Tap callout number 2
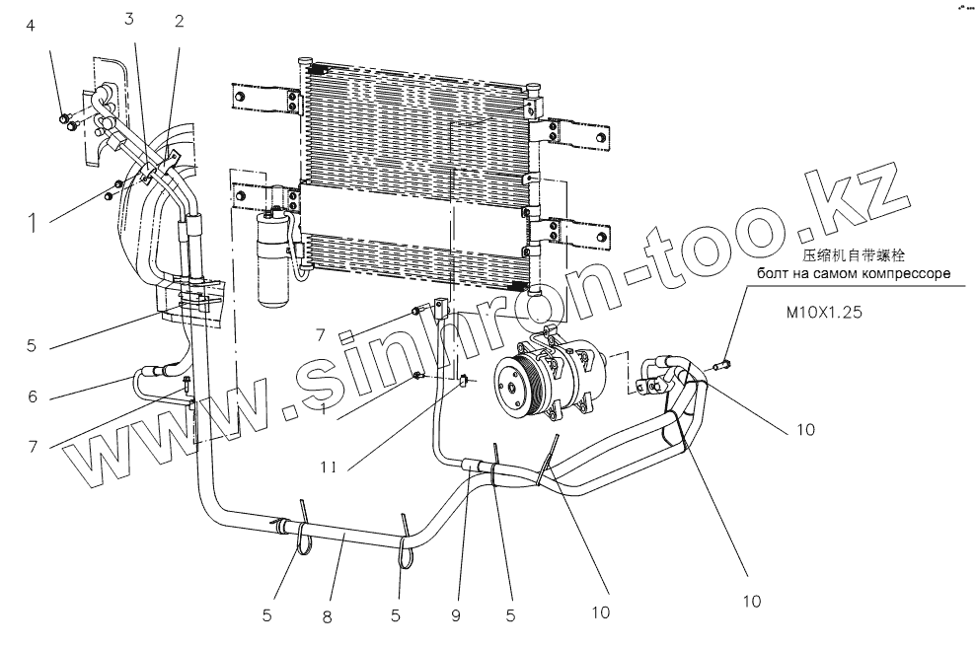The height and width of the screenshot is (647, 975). (179, 23)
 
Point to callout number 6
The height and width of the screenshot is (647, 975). (33, 397)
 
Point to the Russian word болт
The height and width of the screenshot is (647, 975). (775, 275)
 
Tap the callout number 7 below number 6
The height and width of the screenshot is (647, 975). (33, 446)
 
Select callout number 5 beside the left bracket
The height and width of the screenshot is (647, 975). (31, 346)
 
